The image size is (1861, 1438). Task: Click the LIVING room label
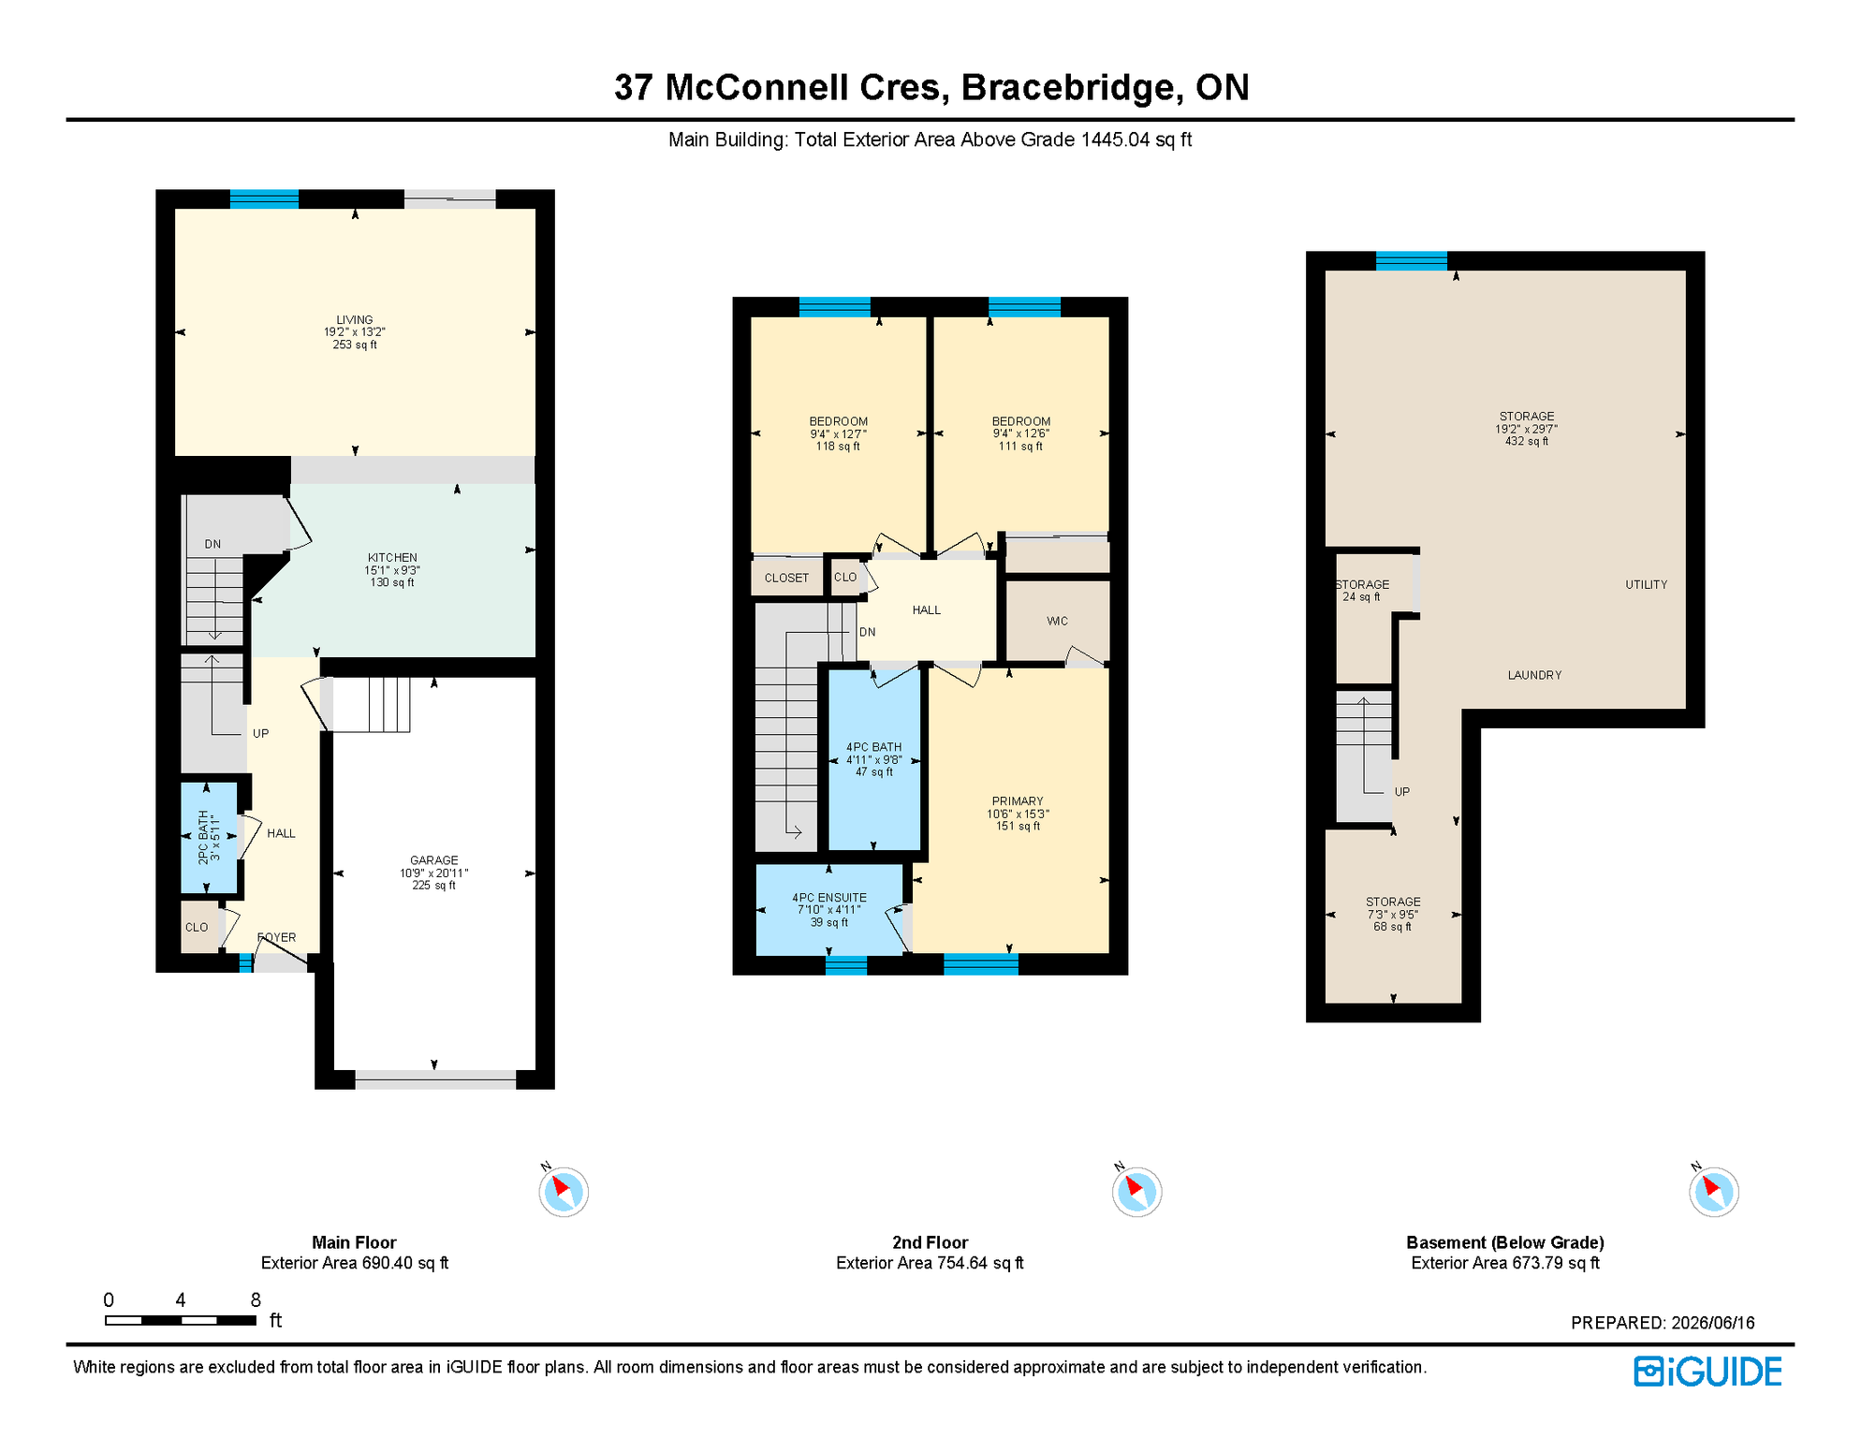pos(355,320)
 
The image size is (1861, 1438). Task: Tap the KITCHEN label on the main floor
pos(392,558)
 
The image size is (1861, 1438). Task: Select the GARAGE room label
pos(434,860)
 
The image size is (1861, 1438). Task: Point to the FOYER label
pos(276,937)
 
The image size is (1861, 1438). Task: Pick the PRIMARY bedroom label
pos(1018,801)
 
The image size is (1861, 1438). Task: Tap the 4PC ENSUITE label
pos(829,898)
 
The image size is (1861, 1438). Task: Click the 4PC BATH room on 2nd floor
pos(874,760)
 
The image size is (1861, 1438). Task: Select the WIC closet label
pos(1057,622)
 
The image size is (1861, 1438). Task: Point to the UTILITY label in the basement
pos(1647,585)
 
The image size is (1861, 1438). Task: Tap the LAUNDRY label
pos(1534,675)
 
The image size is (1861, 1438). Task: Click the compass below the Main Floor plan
pos(564,1192)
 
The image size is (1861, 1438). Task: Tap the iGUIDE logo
pos(1708,1372)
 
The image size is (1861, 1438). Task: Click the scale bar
pos(181,1320)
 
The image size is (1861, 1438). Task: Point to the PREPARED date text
pos(1663,1323)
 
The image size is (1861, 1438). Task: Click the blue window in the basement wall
pos(1412,261)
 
